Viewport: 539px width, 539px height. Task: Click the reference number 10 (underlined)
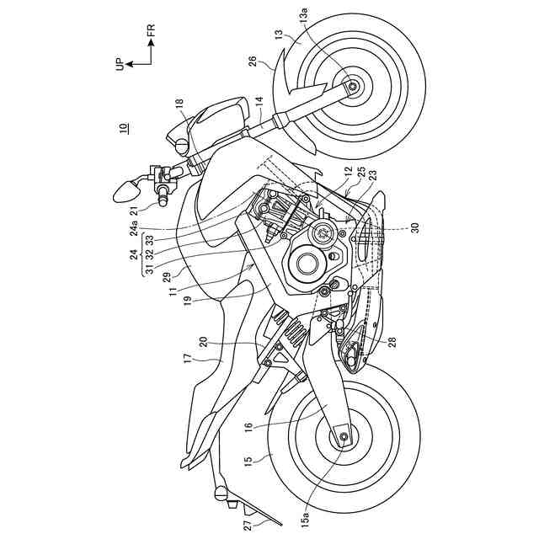coord(124,128)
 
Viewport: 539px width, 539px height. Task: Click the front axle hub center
coord(351,86)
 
